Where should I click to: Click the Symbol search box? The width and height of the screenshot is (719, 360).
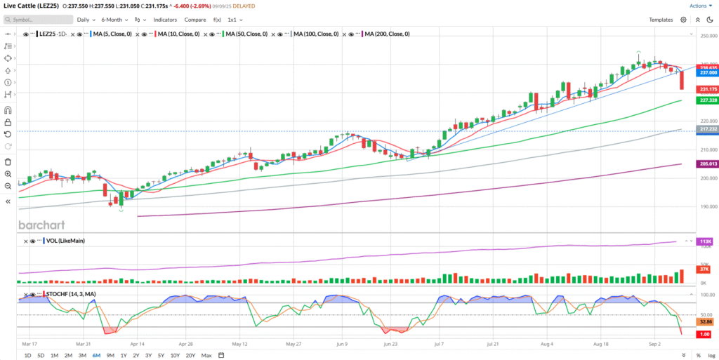coord(35,20)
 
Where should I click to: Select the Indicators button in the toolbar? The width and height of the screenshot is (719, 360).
coord(165,20)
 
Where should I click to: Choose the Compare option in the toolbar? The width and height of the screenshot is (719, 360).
coord(195,20)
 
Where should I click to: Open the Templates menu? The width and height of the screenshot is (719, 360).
coord(661,20)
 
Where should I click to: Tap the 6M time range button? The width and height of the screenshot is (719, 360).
coord(96,355)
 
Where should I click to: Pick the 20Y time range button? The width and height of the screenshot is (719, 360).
coord(190,355)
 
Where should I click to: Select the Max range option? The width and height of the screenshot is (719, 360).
coord(206,355)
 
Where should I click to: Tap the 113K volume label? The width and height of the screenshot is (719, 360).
coord(706,241)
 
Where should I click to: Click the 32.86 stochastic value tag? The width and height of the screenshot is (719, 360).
coord(706,321)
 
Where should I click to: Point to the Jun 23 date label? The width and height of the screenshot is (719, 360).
coord(392,345)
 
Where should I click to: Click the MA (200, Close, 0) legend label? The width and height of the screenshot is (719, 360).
coord(387,34)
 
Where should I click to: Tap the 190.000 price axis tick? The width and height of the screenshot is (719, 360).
coord(708,207)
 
